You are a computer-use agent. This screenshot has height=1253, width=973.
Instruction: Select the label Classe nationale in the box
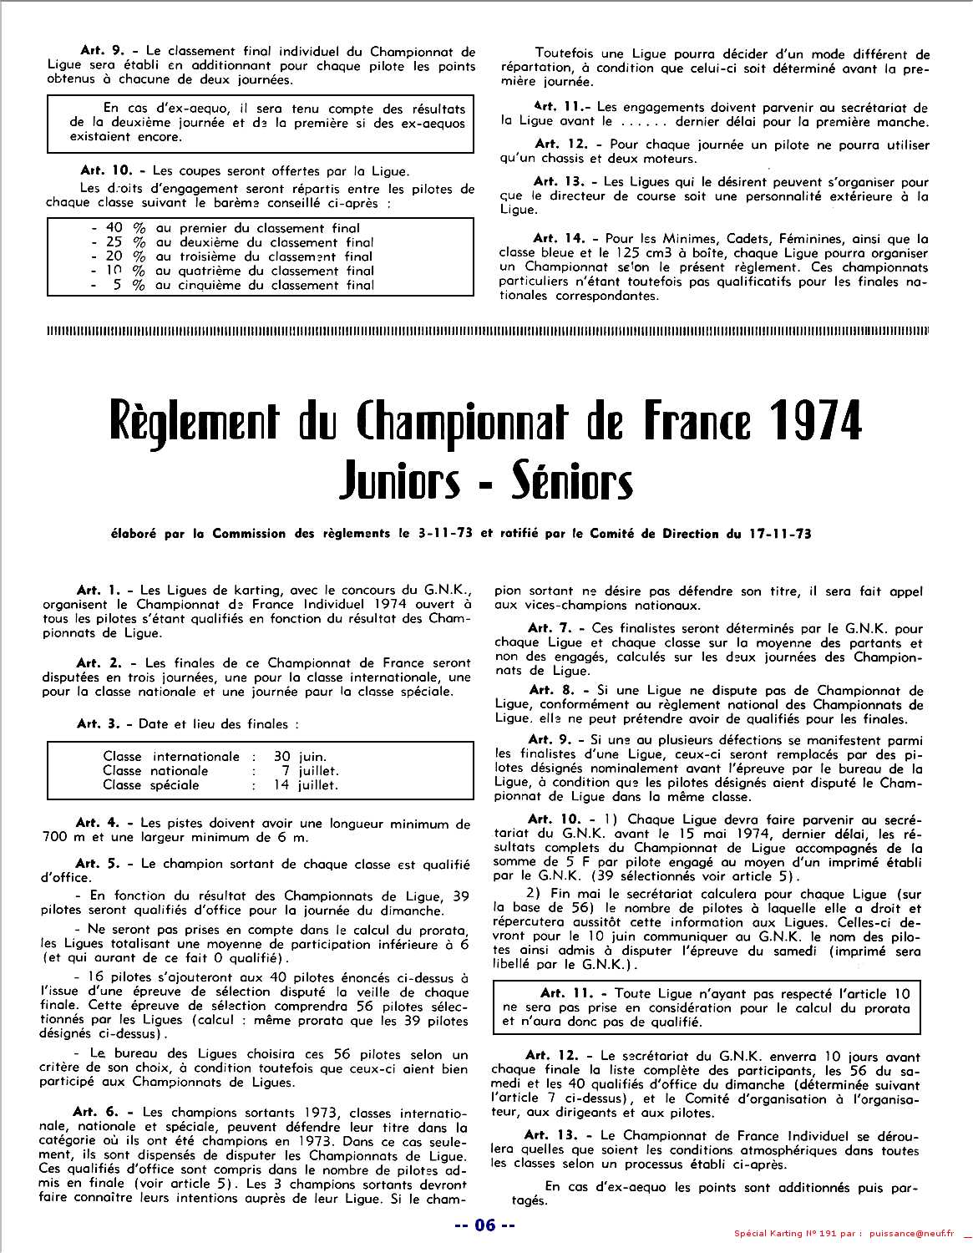pyautogui.click(x=155, y=771)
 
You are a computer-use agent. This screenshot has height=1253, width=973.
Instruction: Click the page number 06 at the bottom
pyautogui.click(x=485, y=1226)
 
